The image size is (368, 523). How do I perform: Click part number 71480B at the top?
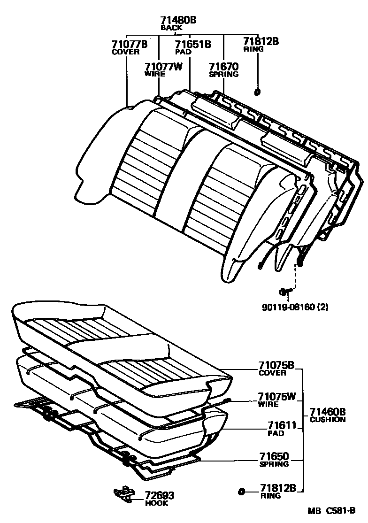(x=178, y=20)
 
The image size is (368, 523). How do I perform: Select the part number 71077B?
(x=130, y=45)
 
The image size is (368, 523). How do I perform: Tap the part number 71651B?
(x=193, y=45)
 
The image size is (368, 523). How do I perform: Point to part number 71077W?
(x=163, y=67)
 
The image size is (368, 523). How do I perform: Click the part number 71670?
(x=224, y=67)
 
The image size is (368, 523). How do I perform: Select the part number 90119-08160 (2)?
(x=295, y=308)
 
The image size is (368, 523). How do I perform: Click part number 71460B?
(x=328, y=412)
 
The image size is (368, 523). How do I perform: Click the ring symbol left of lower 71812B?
(x=241, y=492)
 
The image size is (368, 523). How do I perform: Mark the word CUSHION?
(x=328, y=420)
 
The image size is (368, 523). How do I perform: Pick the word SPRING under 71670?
(x=224, y=74)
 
